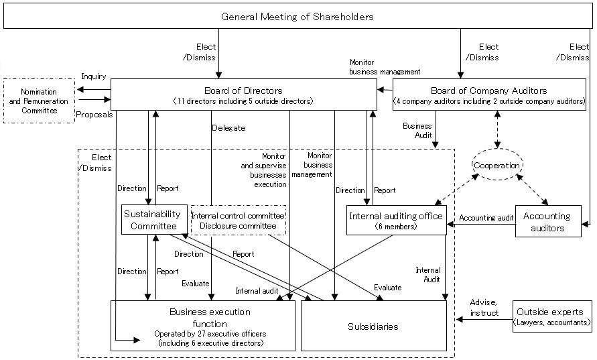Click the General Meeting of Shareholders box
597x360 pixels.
tap(297, 16)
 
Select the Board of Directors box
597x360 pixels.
tap(243, 95)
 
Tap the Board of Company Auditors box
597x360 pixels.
tap(489, 95)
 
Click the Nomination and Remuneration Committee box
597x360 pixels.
tap(38, 101)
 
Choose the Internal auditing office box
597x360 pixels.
tap(396, 221)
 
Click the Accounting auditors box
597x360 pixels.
tap(546, 222)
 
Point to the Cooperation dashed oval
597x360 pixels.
tap(496, 164)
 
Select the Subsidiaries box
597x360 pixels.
tap(373, 326)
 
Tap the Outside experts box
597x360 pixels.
tap(552, 317)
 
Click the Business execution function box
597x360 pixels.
tap(202, 326)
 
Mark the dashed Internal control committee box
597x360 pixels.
tap(239, 220)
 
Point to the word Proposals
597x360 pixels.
tap(94, 115)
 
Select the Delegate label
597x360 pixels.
tap(228, 127)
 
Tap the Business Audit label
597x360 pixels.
tap(417, 130)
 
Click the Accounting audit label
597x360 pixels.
tap(486, 218)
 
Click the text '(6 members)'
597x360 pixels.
tap(396, 227)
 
